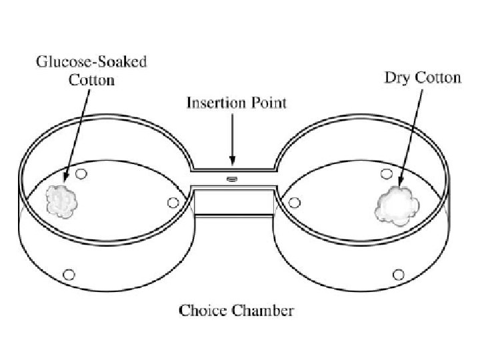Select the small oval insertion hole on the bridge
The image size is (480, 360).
point(232,179)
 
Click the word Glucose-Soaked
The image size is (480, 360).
point(92,63)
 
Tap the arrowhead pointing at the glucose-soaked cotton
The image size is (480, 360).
point(66,178)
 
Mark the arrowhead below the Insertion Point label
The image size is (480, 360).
point(232,161)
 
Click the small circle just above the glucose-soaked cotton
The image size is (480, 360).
point(81,174)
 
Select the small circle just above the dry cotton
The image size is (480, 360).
point(386,175)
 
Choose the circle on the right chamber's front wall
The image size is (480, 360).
point(399,274)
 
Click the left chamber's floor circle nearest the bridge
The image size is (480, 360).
point(173,202)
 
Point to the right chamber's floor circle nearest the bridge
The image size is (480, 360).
point(294,201)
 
